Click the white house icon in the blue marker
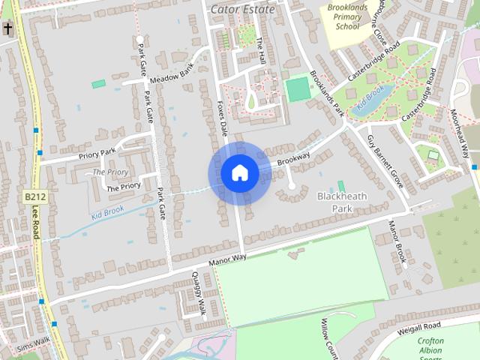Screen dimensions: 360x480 (x=239, y=172)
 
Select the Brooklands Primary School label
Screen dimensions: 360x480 (x=347, y=17)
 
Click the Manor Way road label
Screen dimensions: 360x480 (x=227, y=257)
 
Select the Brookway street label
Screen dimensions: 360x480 (x=293, y=159)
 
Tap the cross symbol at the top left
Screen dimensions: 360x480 (x=7, y=29)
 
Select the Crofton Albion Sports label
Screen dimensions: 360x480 (x=430, y=346)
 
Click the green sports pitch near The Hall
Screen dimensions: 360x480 (x=298, y=89)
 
